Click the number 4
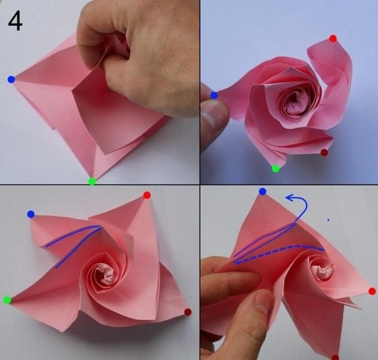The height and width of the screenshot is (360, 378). click(15, 22)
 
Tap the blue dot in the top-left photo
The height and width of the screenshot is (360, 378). click(11, 80)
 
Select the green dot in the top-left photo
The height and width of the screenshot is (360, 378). click(91, 181)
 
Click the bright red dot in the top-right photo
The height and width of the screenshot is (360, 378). click(333, 39)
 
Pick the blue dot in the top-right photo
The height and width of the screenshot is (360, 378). click(214, 96)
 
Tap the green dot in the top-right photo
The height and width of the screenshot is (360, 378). click(275, 168)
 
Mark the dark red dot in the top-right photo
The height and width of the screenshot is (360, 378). click(324, 152)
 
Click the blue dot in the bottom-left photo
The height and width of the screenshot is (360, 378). click(31, 214)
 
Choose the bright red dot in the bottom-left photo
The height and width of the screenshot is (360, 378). click(147, 195)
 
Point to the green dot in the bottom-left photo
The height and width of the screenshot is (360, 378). click(8, 300)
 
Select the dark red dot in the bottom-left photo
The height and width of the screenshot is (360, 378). click(188, 312)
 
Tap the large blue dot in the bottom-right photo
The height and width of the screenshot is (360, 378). click(262, 192)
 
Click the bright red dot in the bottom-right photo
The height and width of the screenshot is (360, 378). click(372, 291)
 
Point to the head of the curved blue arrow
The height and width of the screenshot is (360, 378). click(287, 198)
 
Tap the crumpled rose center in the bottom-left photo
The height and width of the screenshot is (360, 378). click(105, 274)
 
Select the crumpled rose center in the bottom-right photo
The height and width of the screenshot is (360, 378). click(322, 271)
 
